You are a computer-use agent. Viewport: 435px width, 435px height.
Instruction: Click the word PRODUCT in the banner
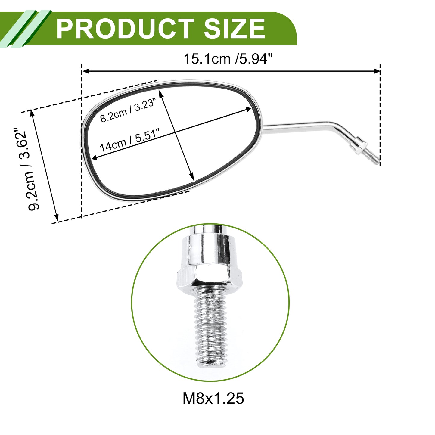point(125,29)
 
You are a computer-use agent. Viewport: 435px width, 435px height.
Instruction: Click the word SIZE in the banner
point(234,29)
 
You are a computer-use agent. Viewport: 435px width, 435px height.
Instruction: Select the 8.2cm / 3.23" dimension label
point(128,110)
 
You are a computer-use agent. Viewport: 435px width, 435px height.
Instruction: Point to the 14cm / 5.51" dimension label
point(130,140)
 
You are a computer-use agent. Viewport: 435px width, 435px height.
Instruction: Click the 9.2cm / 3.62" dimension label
point(27,169)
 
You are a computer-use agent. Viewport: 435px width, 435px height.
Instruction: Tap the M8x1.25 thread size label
point(213,405)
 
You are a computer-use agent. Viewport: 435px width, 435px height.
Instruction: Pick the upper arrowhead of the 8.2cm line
point(161,93)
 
